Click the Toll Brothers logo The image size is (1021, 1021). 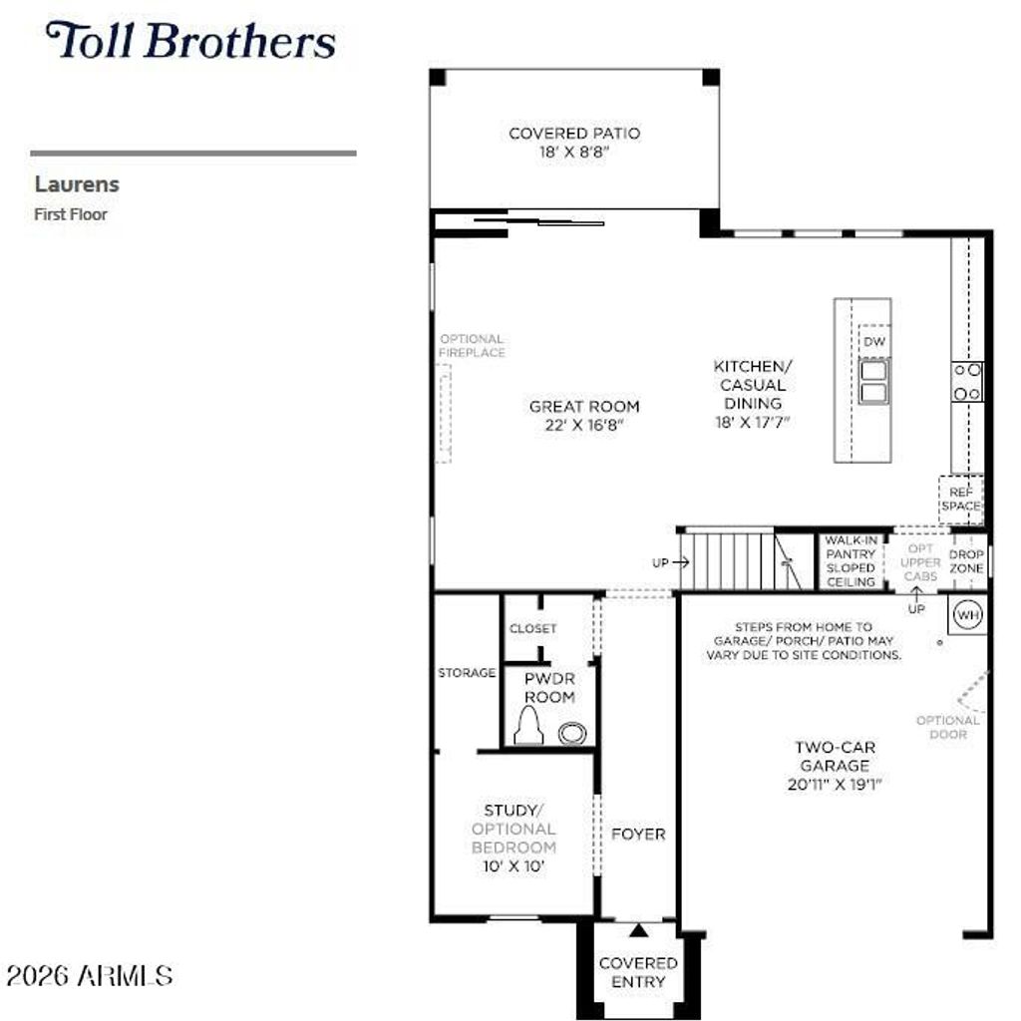click(190, 40)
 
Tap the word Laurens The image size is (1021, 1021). click(77, 184)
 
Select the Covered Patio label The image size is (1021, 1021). click(574, 143)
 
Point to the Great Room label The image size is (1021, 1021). click(584, 416)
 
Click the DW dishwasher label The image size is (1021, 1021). click(873, 342)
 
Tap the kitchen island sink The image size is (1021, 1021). click(873, 382)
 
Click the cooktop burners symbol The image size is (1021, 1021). click(967, 382)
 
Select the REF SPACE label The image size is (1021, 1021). click(960, 500)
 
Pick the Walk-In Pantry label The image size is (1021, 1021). click(851, 561)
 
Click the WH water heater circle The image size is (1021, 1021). click(967, 614)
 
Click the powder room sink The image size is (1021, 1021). click(571, 733)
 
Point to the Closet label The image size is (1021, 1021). click(532, 629)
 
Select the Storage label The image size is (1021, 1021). click(467, 673)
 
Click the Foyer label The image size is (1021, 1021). click(638, 835)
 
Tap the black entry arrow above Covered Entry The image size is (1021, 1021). click(639, 930)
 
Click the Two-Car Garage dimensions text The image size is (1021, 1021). click(835, 785)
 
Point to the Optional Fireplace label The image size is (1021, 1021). click(472, 346)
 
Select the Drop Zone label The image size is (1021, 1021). click(966, 561)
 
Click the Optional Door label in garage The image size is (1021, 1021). click(947, 727)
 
